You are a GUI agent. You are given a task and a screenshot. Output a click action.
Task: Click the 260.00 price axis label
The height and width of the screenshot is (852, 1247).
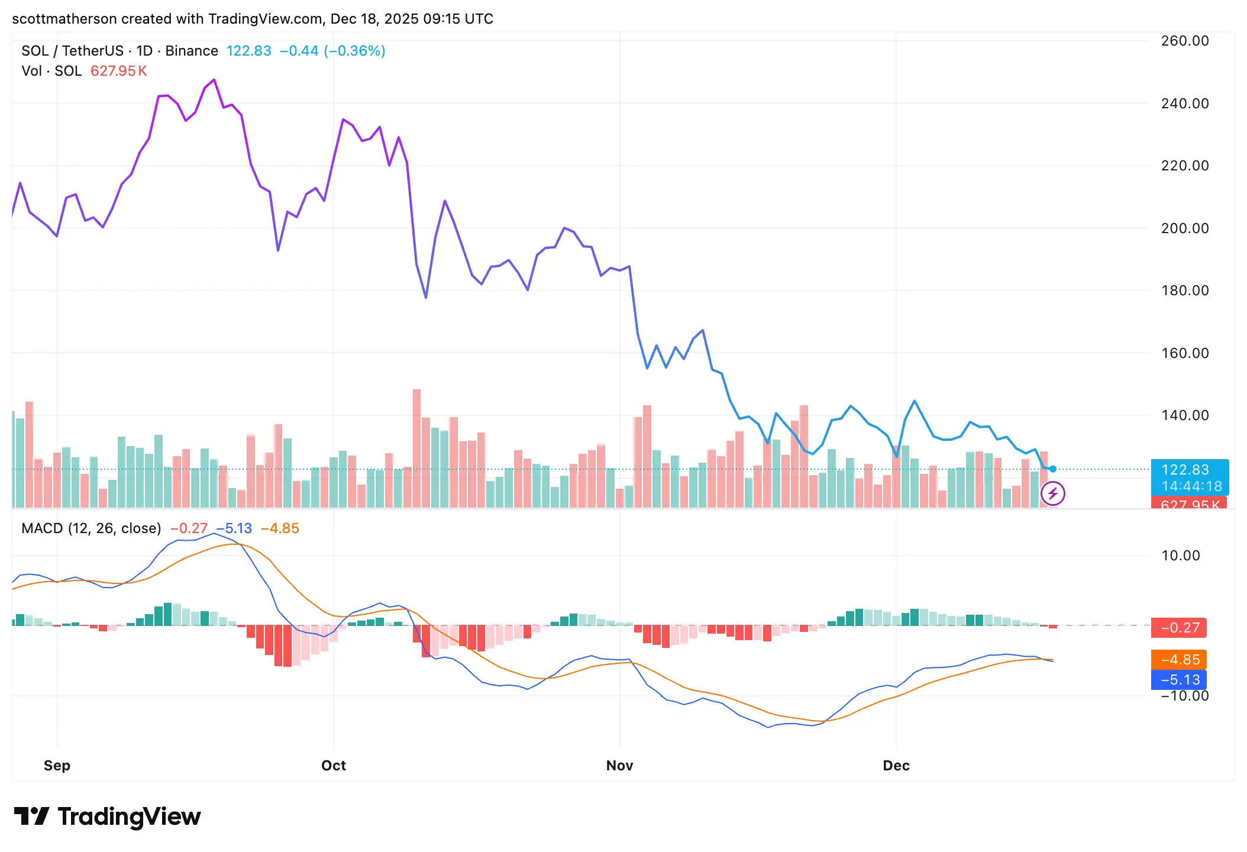1184,41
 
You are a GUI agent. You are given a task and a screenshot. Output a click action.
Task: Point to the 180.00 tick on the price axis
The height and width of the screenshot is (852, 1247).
1184,291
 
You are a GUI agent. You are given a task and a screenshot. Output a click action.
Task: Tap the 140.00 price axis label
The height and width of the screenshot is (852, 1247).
1184,415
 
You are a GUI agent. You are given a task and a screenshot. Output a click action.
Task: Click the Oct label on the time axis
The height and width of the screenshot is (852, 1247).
333,766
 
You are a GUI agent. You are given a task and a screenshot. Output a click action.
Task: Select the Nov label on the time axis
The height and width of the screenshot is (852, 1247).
619,766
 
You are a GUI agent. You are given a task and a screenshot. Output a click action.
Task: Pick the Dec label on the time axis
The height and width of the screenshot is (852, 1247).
896,766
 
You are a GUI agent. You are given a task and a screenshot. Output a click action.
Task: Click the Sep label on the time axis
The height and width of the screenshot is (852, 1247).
57,766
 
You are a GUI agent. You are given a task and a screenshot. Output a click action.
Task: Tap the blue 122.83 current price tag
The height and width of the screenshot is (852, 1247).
1189,470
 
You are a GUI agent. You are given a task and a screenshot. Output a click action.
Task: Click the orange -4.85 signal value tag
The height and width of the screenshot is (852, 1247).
1180,660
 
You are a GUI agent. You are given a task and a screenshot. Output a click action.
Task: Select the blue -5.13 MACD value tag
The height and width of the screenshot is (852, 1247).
1180,680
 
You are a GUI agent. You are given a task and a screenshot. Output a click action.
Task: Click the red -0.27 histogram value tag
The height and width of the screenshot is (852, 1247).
1180,628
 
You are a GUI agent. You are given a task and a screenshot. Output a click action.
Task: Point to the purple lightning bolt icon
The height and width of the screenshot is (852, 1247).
1052,493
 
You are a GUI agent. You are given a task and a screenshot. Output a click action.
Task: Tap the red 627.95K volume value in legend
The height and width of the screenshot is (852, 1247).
118,71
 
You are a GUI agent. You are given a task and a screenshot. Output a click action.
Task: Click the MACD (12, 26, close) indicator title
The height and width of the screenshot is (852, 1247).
91,528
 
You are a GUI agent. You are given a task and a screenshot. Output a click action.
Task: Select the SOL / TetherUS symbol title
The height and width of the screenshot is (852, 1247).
72,51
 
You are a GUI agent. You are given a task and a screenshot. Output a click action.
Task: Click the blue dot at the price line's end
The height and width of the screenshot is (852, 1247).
1053,469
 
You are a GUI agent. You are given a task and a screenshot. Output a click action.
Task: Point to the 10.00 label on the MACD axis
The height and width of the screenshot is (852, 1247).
1180,556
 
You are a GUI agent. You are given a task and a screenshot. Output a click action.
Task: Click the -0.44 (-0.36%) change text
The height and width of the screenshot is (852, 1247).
332,51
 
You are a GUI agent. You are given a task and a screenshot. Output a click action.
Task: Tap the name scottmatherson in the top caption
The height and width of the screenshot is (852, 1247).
64,19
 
